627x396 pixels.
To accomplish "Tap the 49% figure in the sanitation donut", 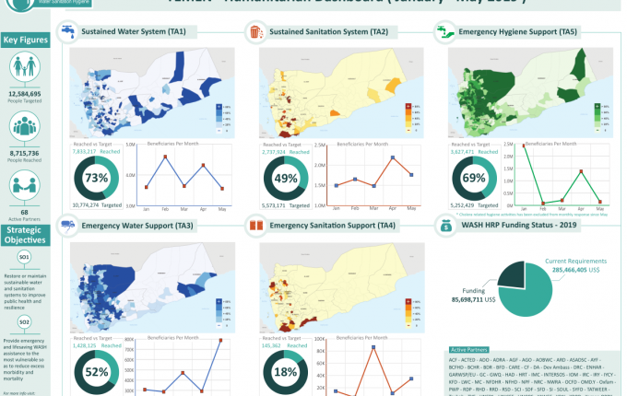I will click(x=286, y=178).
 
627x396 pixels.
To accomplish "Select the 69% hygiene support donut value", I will click(x=473, y=178).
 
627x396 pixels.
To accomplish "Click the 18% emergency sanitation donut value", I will click(x=286, y=372).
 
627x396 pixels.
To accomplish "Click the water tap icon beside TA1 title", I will click(x=67, y=32).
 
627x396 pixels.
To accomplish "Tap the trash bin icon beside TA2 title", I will click(x=255, y=32).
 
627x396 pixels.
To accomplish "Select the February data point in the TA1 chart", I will click(x=165, y=157).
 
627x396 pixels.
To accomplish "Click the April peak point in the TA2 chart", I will click(x=393, y=157).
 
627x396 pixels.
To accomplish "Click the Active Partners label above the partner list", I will click(x=471, y=350).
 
